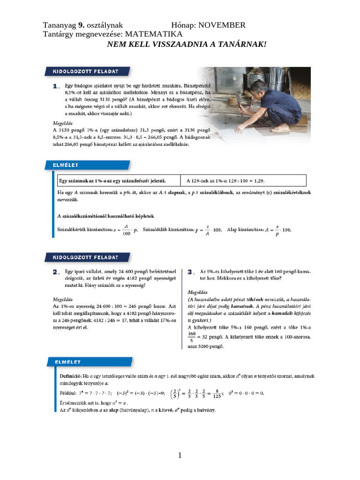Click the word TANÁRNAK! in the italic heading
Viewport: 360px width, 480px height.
point(242,45)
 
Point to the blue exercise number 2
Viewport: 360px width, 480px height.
point(56,272)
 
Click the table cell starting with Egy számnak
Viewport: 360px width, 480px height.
point(117,180)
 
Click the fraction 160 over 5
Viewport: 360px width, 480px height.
point(191,337)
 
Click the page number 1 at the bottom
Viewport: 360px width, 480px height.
point(180,455)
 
